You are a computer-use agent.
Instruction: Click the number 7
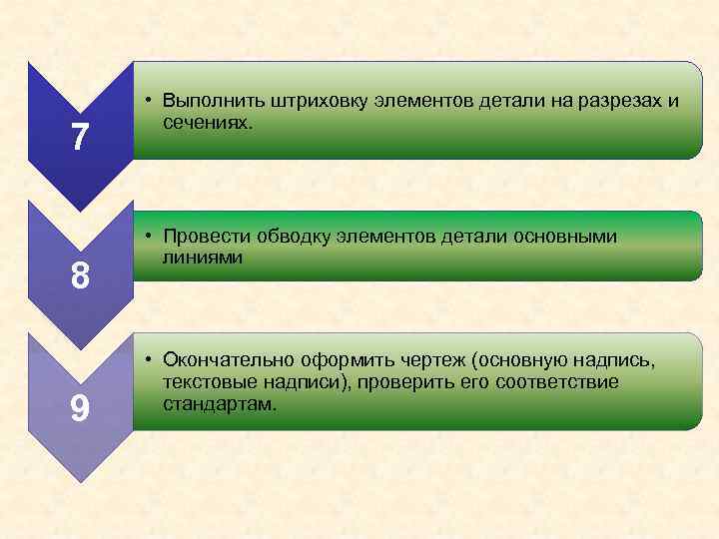79,137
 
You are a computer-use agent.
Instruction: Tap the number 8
79,274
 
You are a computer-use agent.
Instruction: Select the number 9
80,407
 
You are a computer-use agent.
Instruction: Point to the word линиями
200,257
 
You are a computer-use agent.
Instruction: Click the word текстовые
210,383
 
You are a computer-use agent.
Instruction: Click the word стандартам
220,404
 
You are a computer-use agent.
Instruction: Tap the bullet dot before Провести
147,238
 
